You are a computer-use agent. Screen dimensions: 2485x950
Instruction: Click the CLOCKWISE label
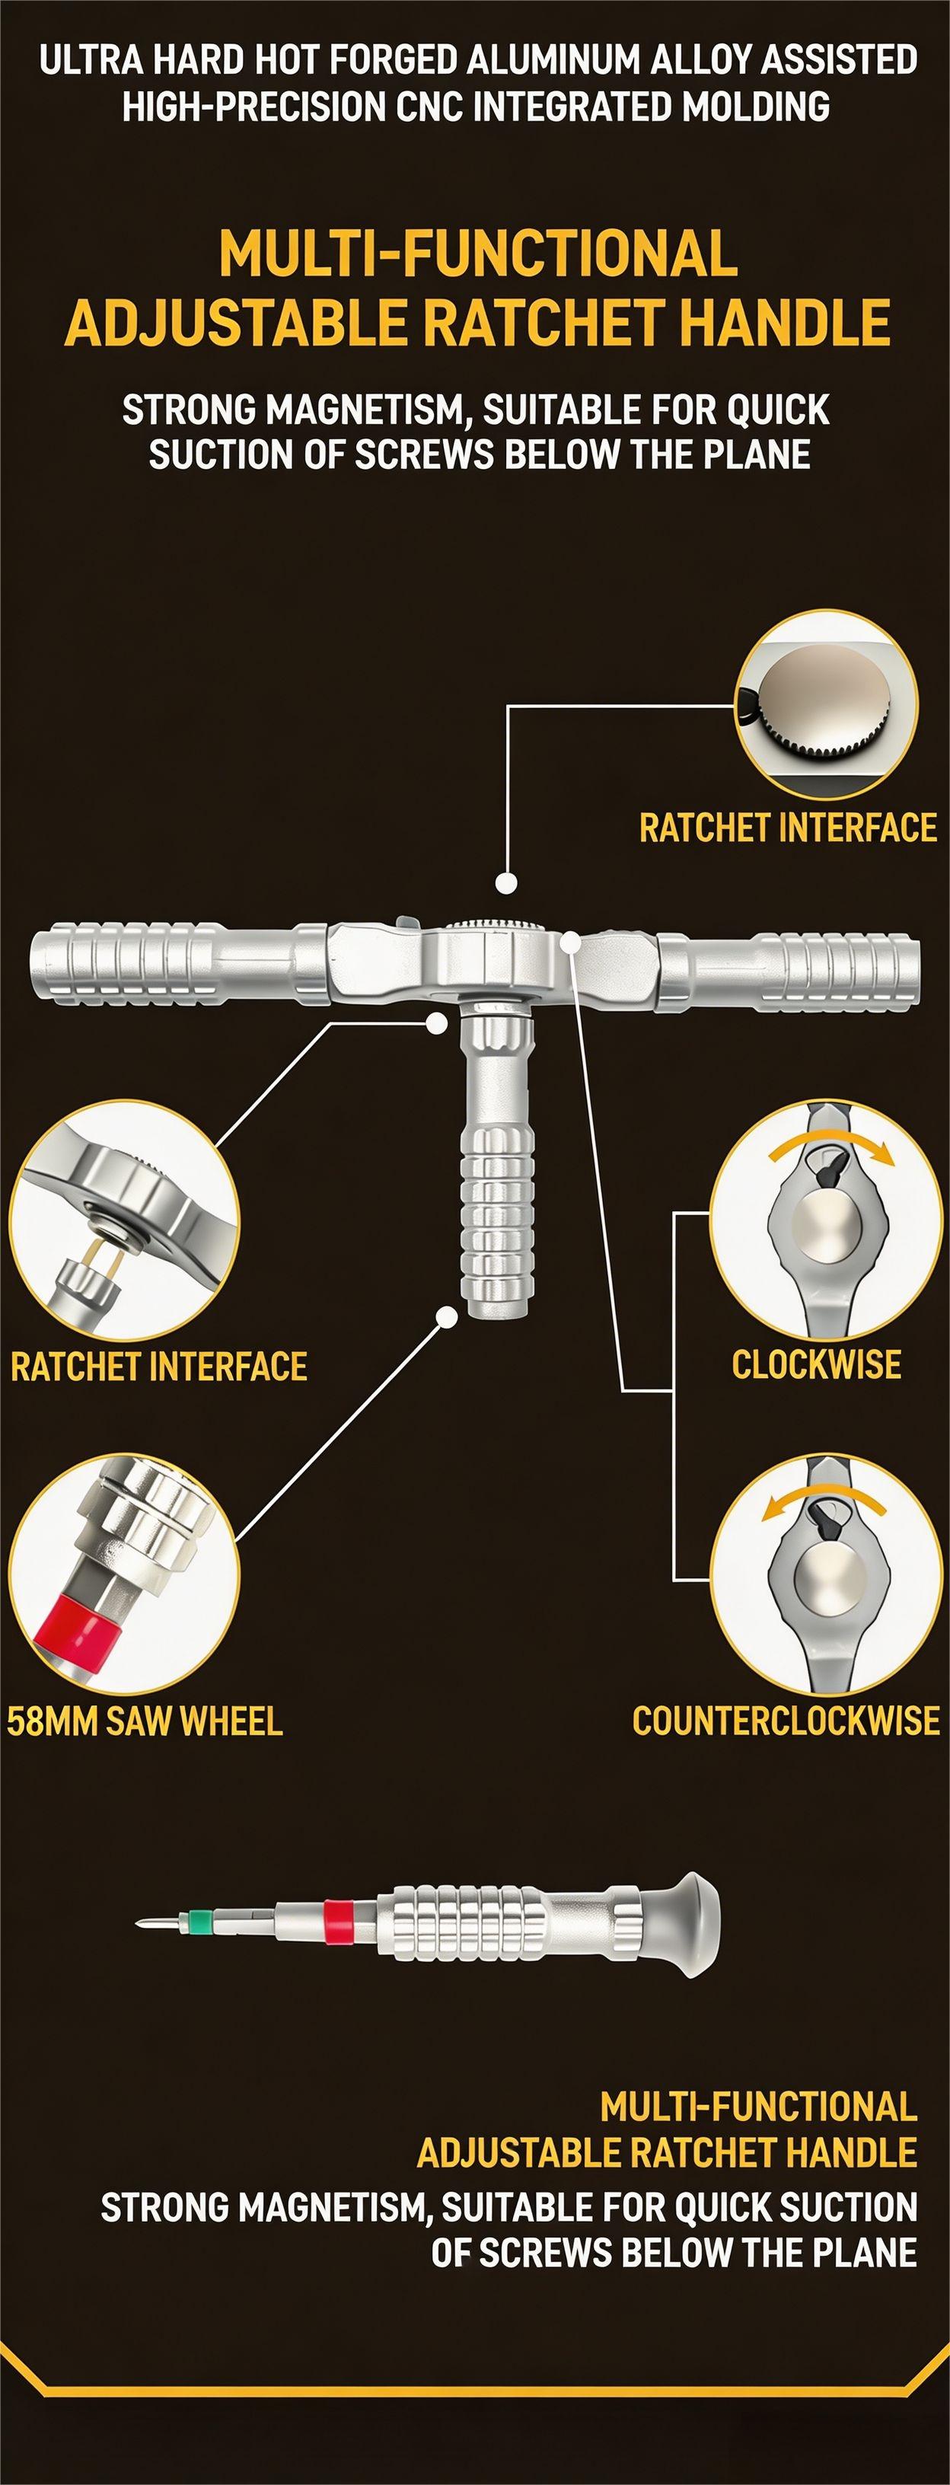(816, 1364)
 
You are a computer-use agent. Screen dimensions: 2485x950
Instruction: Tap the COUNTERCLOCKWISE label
(785, 1721)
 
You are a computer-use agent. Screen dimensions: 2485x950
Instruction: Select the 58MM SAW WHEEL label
(145, 1721)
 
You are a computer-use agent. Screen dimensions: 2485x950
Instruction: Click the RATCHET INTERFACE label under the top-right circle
(787, 828)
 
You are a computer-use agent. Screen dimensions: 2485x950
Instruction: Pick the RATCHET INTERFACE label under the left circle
(159, 1366)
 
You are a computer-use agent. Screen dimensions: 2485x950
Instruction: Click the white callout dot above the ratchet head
(505, 882)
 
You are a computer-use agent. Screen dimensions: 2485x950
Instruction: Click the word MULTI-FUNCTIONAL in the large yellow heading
(477, 254)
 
